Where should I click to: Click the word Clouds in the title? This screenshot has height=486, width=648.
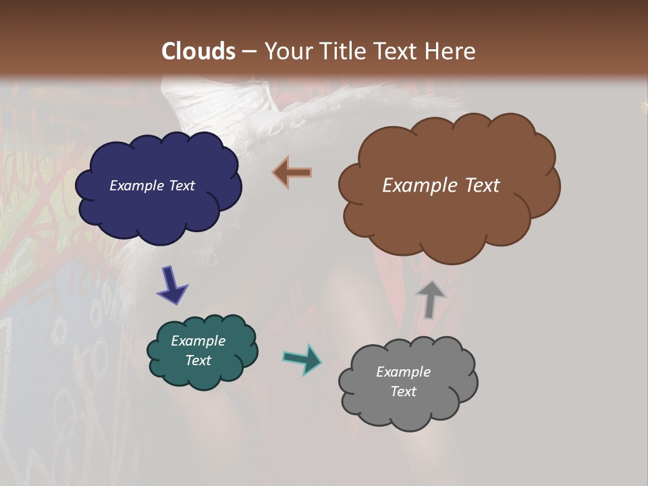click(x=198, y=51)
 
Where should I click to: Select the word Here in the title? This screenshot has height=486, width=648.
click(x=453, y=51)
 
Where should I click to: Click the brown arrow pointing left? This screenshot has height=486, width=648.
click(x=293, y=172)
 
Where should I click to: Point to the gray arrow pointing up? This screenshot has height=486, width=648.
click(x=431, y=299)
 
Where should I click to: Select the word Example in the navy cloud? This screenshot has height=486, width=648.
click(x=137, y=186)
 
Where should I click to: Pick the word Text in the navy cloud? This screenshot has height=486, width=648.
click(x=181, y=186)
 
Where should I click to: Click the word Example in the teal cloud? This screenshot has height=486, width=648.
click(x=198, y=341)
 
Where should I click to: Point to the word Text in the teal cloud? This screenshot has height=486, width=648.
click(x=198, y=360)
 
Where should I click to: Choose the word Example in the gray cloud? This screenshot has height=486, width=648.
click(x=403, y=372)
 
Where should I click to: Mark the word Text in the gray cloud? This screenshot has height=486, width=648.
click(x=403, y=391)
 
